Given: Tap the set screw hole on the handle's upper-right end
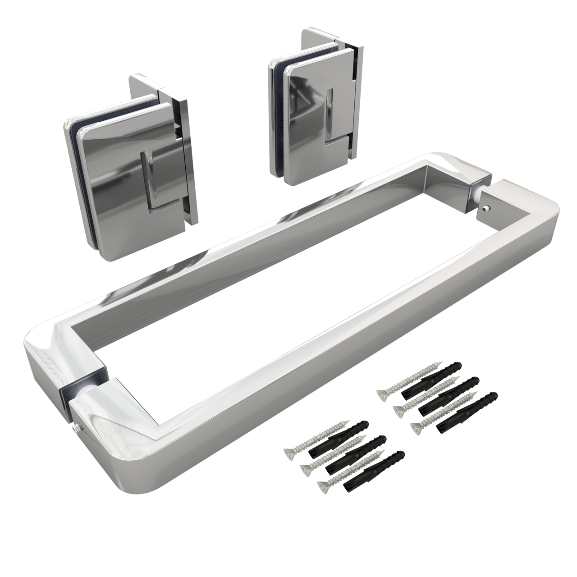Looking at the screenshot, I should pyautogui.click(x=485, y=208).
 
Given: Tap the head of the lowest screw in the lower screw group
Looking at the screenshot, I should pyautogui.click(x=323, y=485).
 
